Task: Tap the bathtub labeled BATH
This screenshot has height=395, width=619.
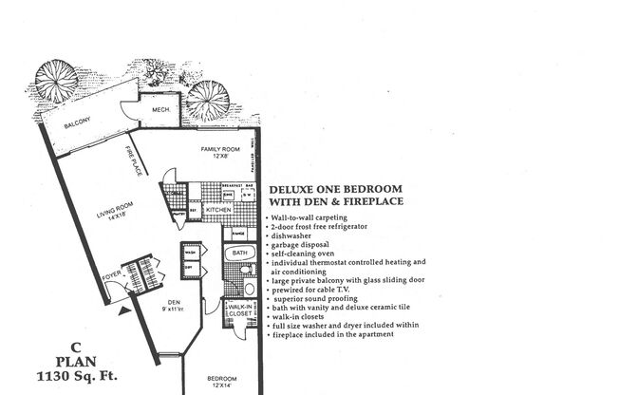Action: [x=239, y=254]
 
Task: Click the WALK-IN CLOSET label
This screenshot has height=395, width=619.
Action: [x=238, y=311]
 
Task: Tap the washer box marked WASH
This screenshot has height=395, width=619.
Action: [x=191, y=253]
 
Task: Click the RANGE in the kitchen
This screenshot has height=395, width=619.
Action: [x=239, y=233]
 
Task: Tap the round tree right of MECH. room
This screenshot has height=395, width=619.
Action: [x=206, y=100]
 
